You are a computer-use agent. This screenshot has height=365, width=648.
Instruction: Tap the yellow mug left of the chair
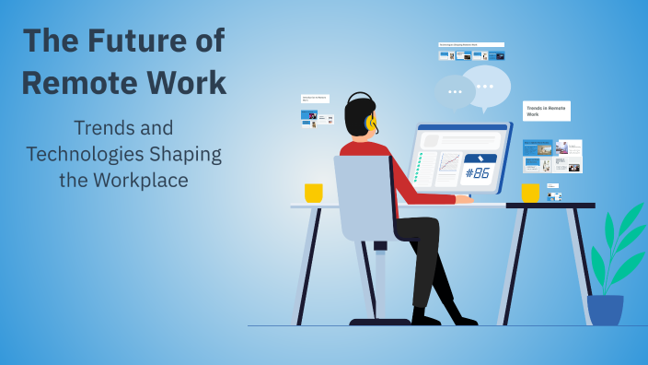314,193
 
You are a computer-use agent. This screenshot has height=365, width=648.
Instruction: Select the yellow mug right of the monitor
530,193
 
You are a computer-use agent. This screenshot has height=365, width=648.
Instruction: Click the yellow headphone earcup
370,122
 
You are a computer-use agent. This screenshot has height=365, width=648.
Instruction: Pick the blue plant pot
605,310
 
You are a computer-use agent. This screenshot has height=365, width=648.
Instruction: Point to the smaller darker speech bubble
455,92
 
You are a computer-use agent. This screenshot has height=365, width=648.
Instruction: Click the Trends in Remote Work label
546,111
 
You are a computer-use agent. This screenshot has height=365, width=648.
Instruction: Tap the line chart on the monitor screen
449,164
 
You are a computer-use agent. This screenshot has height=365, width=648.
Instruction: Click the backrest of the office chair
363,198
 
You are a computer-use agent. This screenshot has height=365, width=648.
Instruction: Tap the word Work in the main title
187,82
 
